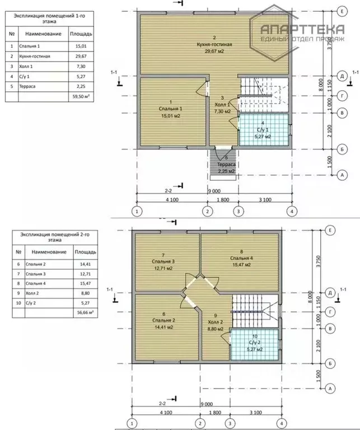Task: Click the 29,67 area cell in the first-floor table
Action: (81, 56)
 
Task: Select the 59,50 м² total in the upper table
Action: (81, 96)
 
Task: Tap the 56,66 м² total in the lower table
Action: (85, 312)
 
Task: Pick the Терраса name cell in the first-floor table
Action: (43, 86)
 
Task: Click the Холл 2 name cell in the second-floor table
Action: (49, 293)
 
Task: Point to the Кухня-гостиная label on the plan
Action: (214, 44)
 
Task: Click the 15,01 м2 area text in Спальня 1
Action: (171, 116)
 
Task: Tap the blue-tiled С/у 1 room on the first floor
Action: (264, 129)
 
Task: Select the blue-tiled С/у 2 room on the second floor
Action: (254, 344)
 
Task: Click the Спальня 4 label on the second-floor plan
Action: (241, 258)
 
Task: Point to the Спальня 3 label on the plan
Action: (163, 261)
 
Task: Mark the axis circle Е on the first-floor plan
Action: (342, 12)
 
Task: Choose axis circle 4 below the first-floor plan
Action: (292, 212)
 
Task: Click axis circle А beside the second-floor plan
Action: (330, 389)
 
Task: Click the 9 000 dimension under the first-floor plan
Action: (214, 191)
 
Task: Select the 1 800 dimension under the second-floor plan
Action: (215, 413)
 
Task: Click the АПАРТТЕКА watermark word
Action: (302, 29)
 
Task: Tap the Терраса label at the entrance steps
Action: (226, 165)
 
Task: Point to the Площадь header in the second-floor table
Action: (85, 252)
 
